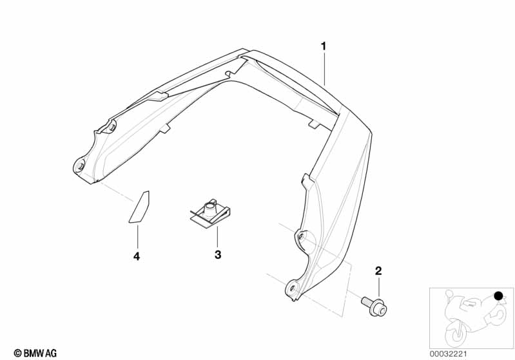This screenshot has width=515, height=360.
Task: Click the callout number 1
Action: (324, 46)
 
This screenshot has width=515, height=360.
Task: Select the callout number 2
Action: (378, 270)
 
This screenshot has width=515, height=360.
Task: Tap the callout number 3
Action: (218, 255)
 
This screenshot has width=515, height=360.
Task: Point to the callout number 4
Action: (137, 256)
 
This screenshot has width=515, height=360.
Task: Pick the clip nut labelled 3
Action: (210, 213)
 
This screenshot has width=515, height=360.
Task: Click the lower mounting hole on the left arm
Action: (80, 167)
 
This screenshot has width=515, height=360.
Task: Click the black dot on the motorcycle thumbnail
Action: (498, 296)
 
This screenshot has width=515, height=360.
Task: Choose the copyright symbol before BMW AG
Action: (17, 353)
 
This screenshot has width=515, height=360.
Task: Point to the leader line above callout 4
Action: (137, 236)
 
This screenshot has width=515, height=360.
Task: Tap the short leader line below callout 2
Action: (378, 285)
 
